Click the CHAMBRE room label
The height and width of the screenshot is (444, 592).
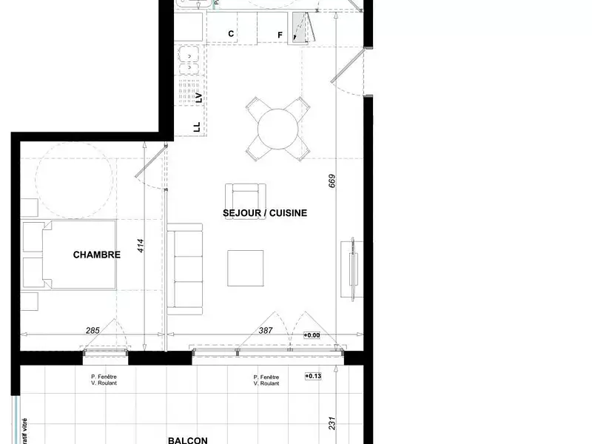point(96,255)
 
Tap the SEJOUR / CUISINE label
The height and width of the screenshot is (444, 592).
point(265,213)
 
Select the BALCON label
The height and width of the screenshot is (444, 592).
point(187,440)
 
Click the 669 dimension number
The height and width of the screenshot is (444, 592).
point(332,181)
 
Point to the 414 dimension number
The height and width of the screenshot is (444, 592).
point(141,246)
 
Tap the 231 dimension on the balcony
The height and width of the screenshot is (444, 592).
point(332,423)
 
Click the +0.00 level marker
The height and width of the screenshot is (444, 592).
point(312,335)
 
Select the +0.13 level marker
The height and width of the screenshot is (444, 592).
point(314,377)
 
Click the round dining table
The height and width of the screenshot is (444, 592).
point(278,129)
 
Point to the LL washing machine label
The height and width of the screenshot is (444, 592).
point(197,127)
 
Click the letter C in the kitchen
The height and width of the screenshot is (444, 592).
point(231,34)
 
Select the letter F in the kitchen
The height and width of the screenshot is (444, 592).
point(280,35)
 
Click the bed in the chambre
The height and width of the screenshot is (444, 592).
point(70,255)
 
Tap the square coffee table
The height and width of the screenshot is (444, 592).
point(245,268)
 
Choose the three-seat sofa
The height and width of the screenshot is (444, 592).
point(186,269)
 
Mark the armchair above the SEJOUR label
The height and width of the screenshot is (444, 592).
point(244,195)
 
